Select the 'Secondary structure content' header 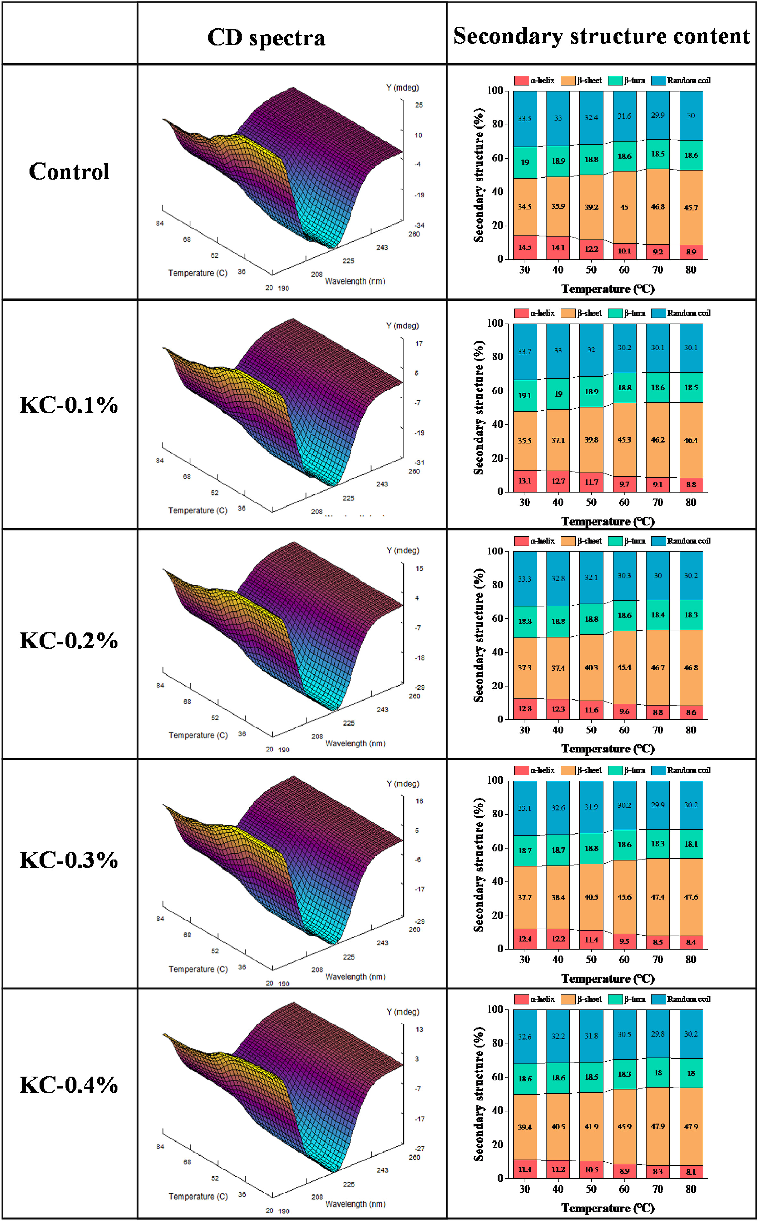point(602,36)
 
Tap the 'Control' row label point(69,172)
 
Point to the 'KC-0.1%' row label point(69,405)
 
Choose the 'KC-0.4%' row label point(69,1085)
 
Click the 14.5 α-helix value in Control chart point(525,247)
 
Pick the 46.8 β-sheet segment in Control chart point(658,207)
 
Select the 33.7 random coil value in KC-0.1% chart point(525,351)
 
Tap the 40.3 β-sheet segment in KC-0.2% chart point(591,667)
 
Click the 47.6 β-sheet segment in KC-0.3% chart point(691,897)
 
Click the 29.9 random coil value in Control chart point(658,116)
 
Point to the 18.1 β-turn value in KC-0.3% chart point(691,844)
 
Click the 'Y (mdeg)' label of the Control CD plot point(402,88)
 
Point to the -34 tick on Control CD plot point(419,225)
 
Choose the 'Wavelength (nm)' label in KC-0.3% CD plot point(355,976)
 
